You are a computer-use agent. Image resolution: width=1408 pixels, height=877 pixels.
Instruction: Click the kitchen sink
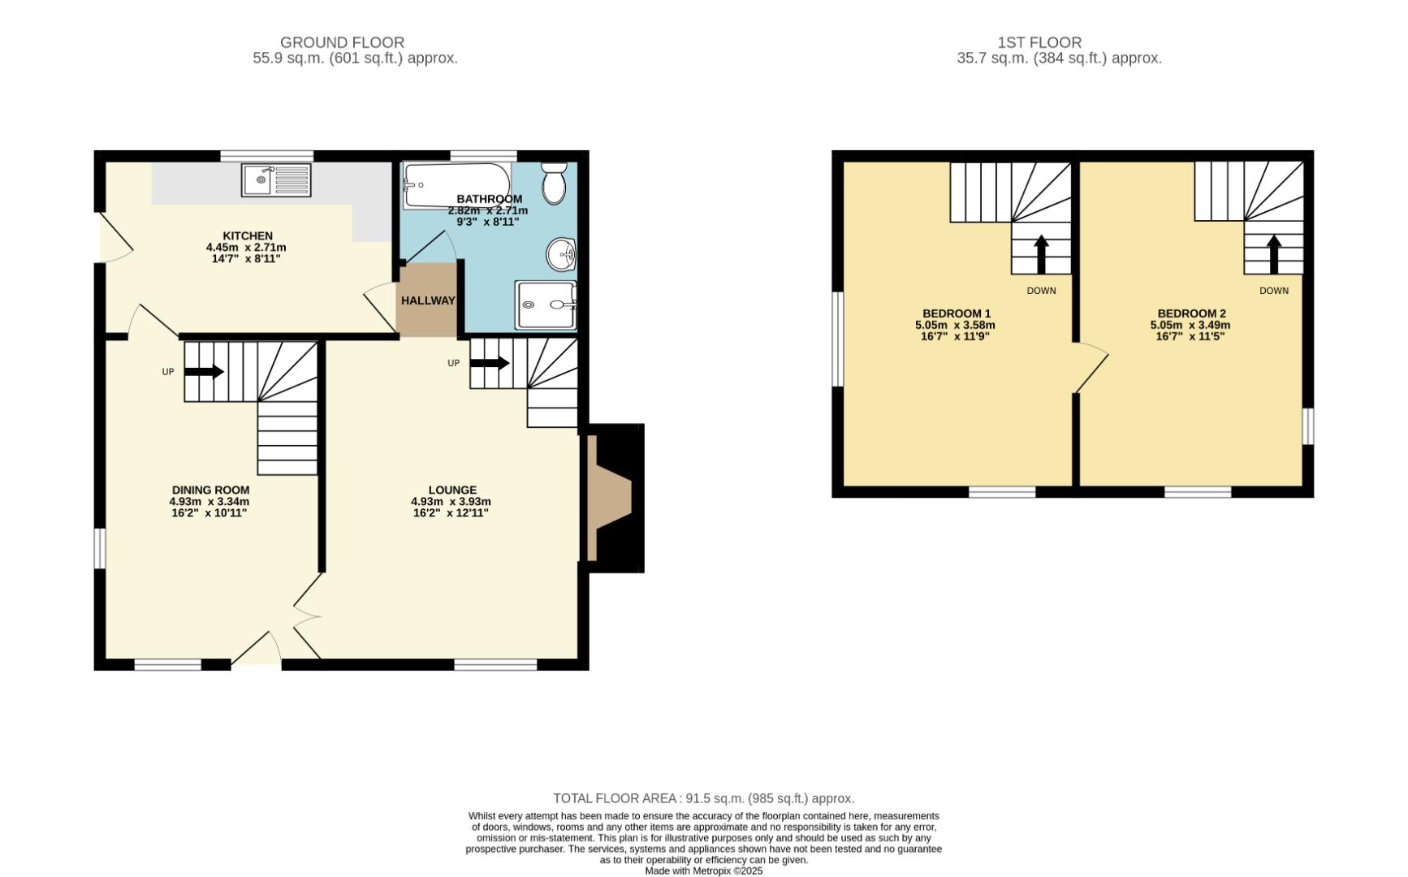click(276, 179)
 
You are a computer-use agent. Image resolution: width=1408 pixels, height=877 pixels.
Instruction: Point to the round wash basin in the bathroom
click(561, 255)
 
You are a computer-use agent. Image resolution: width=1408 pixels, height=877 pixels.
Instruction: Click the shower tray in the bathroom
click(546, 305)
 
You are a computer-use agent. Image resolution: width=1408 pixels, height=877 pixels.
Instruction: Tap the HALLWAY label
click(428, 300)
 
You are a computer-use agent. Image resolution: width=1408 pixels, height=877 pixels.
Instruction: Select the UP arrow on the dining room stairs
click(204, 372)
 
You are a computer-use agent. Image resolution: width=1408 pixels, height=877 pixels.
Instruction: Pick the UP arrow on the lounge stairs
click(490, 363)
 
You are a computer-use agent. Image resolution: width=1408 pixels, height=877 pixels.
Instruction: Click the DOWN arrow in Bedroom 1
click(1040, 254)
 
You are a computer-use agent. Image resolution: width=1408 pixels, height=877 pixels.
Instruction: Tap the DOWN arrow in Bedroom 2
click(1273, 254)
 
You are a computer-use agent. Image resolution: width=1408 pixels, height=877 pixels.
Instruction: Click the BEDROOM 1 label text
click(956, 313)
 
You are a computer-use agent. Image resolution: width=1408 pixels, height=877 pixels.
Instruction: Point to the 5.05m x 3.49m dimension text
click(1190, 325)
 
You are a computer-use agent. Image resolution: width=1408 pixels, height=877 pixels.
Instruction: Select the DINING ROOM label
click(210, 490)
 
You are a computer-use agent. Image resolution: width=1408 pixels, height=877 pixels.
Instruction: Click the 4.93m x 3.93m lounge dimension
click(451, 502)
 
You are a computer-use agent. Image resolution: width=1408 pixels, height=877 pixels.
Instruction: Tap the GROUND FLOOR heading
click(342, 42)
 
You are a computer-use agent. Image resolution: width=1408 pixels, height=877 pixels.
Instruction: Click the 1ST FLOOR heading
click(1039, 42)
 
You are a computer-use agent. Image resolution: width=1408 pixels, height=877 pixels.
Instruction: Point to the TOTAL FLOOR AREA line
click(703, 798)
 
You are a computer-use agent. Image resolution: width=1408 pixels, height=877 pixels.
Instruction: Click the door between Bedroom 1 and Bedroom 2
click(1091, 369)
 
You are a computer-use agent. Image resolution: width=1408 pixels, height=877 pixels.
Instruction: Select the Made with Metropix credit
click(703, 871)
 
